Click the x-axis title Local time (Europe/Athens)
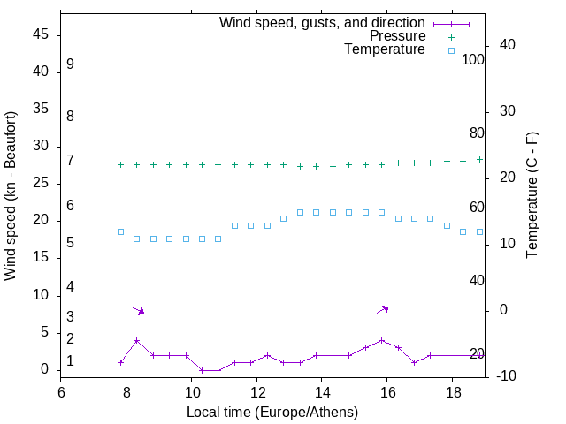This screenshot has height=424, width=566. tap(272, 413)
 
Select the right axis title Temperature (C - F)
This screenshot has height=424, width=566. tap(532, 196)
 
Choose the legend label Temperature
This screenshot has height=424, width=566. tap(385, 49)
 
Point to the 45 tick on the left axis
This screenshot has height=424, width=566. tap(41, 35)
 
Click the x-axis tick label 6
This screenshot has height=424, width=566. tap(61, 392)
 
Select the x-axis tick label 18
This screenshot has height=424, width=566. tap(451, 392)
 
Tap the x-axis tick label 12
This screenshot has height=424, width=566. tap(256, 392)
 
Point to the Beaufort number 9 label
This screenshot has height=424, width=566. tap(70, 64)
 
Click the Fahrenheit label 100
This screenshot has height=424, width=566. tap(474, 60)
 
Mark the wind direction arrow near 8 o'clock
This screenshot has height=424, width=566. tap(138, 310)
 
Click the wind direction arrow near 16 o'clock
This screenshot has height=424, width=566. tap(383, 309)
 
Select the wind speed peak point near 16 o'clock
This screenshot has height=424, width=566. tap(381, 340)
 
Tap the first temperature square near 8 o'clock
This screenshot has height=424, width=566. tap(120, 231)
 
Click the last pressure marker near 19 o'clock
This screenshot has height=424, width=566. tap(479, 159)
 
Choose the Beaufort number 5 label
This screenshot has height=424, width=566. tap(70, 243)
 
